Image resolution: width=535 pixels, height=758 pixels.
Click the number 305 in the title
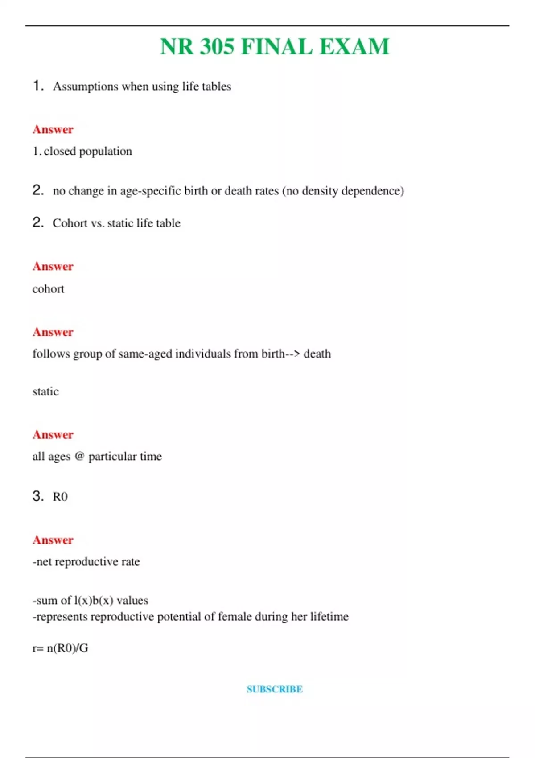tap(217, 47)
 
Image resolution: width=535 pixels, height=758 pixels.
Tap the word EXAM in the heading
tap(354, 47)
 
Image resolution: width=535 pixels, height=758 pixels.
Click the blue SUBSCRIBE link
tap(275, 689)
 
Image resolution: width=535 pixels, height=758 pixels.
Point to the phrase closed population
tap(88, 152)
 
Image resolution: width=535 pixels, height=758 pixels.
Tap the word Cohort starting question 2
tap(70, 223)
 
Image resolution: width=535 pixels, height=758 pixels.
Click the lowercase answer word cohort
tap(48, 289)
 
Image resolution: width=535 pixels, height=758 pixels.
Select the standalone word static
tap(45, 392)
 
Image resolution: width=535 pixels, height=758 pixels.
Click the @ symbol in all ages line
tap(79, 456)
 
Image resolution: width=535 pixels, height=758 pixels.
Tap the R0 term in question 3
tap(60, 497)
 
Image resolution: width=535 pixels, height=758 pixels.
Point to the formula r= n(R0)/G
tap(60, 648)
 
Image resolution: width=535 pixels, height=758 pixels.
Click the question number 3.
tap(38, 496)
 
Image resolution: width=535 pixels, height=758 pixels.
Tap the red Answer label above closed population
tap(53, 130)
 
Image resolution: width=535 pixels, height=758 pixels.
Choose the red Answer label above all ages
tap(53, 435)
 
